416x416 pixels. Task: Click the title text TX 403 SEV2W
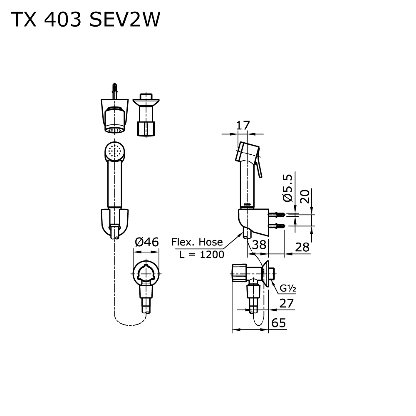coord(85,20)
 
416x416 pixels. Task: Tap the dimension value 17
coord(243,126)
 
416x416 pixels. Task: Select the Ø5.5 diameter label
coord(287,188)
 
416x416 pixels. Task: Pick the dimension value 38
coord(259,245)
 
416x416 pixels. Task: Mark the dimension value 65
coord(279,323)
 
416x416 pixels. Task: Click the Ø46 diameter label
coord(147,242)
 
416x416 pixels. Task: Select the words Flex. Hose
coord(197,242)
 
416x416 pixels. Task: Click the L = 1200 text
coord(201,254)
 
